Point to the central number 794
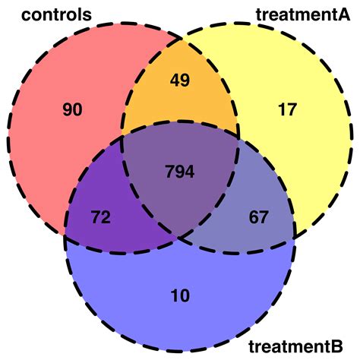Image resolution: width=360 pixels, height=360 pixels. (179, 172)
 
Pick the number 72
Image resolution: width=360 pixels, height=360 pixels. (101, 218)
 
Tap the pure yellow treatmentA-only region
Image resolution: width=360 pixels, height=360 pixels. (296, 144)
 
